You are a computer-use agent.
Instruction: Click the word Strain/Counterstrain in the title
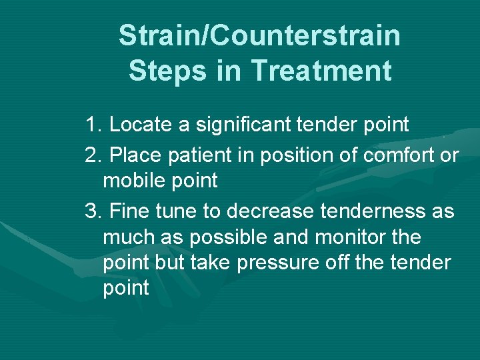259,35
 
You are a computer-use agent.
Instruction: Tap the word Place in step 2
131,155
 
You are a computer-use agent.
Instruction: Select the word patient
186,155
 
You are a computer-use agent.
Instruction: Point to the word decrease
269,212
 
